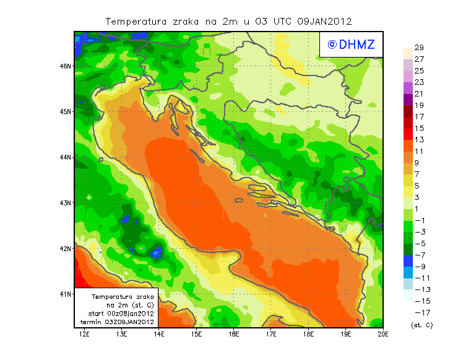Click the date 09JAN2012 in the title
point(324,21)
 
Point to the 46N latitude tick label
point(65,66)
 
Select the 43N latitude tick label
point(65,202)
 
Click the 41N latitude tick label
point(65,294)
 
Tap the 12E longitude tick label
point(84,335)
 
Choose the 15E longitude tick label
point(196,335)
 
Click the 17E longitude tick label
point(271,335)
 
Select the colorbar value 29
point(418,48)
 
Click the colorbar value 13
point(418,140)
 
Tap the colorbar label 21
point(418,93)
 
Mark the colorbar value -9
point(418,266)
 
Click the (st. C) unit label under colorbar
point(421,325)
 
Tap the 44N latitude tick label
point(65,157)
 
